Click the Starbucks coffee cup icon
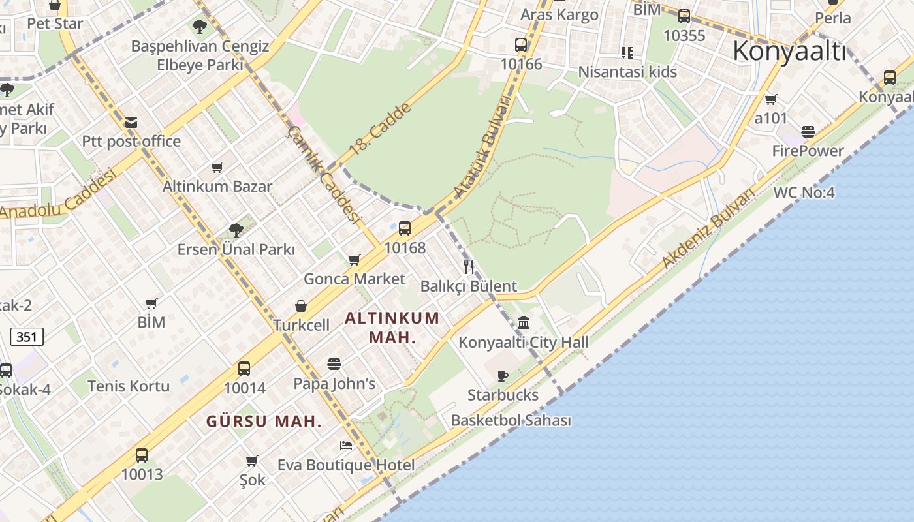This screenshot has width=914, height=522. click(502, 376)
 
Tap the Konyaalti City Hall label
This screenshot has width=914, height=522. click(523, 342)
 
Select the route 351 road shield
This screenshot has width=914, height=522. click(27, 337)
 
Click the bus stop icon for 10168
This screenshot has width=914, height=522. click(405, 228)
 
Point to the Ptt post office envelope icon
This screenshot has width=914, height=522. click(131, 122)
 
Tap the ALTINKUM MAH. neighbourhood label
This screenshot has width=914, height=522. click(392, 328)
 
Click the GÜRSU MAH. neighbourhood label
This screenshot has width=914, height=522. click(264, 422)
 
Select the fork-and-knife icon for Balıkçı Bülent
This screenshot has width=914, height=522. click(468, 266)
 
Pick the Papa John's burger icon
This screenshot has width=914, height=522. click(334, 364)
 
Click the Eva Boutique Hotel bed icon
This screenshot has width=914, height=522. click(346, 446)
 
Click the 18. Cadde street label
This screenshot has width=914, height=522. click(381, 129)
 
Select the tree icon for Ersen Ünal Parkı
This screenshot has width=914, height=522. click(236, 230)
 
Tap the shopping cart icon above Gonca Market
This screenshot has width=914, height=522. click(355, 260)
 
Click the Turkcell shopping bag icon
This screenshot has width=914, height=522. click(301, 306)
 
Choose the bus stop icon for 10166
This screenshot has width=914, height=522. click(521, 45)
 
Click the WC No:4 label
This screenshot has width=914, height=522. click(804, 193)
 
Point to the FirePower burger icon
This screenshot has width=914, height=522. click(808, 132)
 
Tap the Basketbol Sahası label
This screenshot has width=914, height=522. click(511, 420)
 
